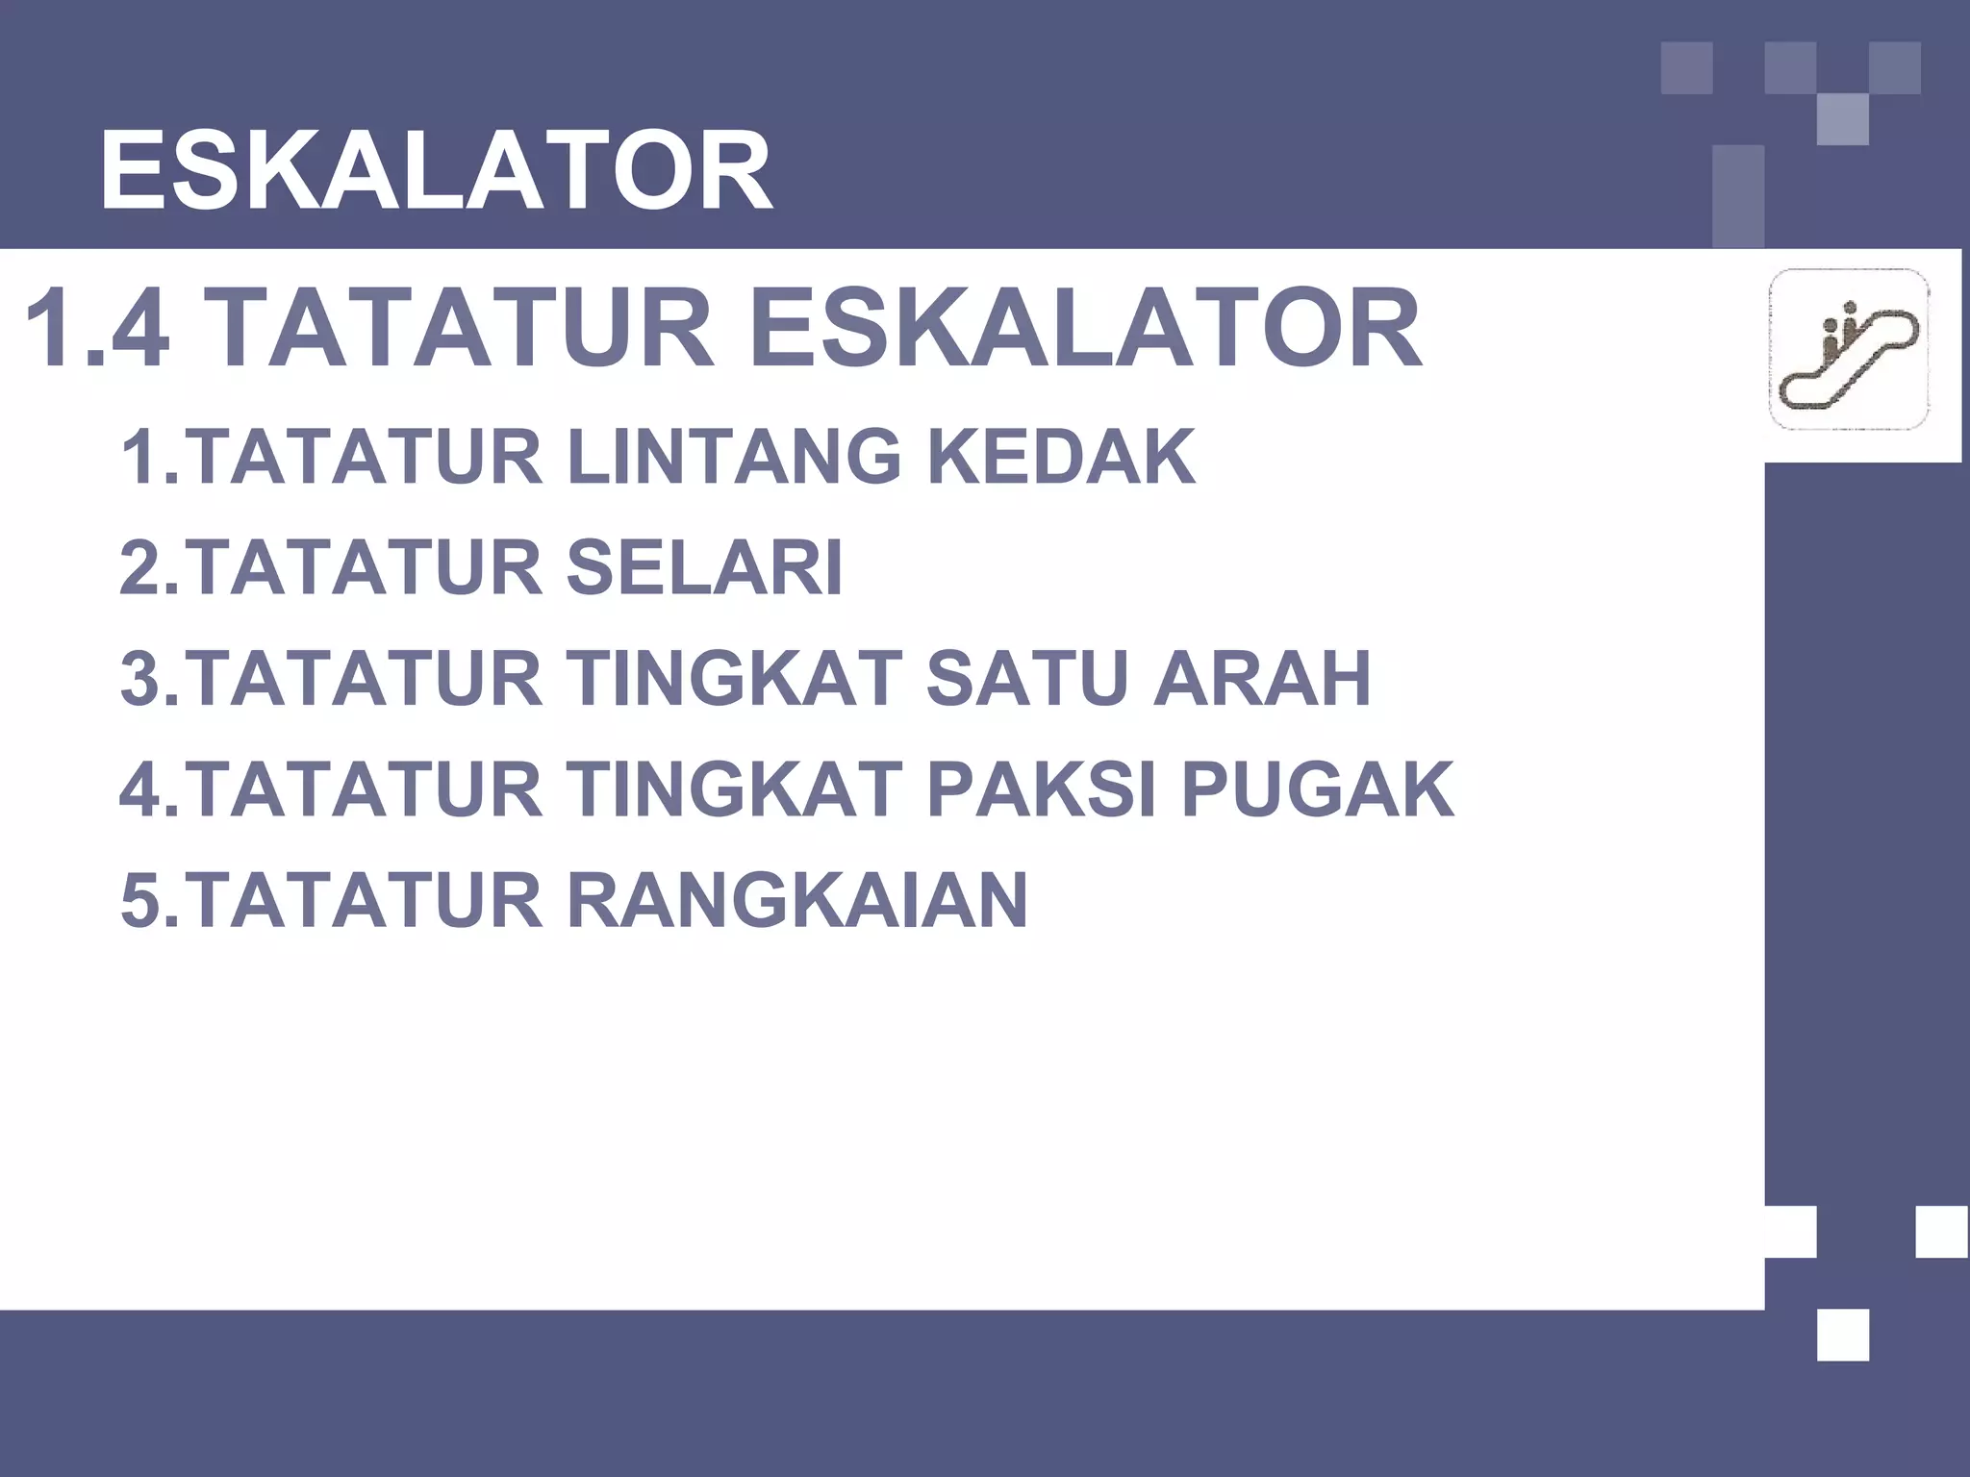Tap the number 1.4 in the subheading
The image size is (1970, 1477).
pos(96,330)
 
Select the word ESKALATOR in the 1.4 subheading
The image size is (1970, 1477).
pos(1084,330)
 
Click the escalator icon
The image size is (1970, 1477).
pos(1848,349)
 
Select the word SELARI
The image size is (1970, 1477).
pos(704,568)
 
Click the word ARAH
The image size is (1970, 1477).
pos(1262,679)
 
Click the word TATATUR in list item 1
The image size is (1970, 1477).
pos(364,458)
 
